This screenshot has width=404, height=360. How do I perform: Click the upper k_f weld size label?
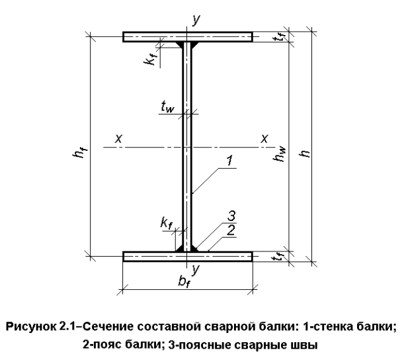pos(152,60)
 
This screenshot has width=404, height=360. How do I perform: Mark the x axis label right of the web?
pos(264,138)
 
